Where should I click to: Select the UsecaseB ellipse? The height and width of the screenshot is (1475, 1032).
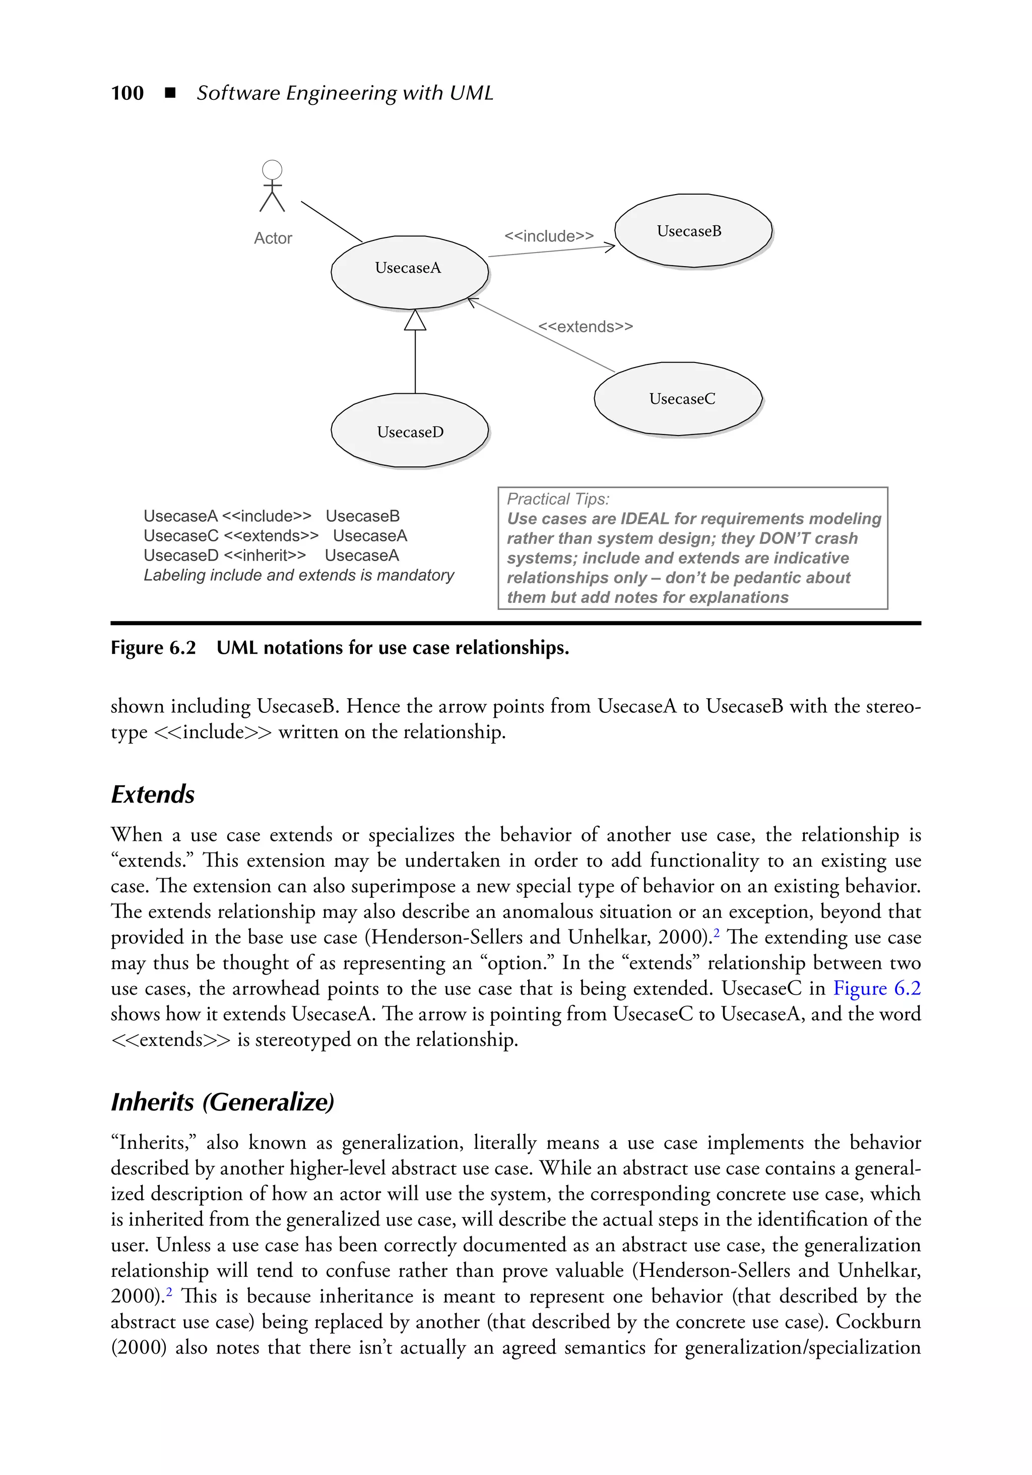coord(693,231)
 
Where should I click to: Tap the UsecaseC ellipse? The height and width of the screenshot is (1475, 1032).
coord(678,399)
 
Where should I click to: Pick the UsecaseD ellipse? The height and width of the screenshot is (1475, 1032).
coord(409,431)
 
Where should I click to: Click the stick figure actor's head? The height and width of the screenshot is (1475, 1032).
coord(272,169)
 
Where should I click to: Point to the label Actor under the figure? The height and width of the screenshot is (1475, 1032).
coord(273,238)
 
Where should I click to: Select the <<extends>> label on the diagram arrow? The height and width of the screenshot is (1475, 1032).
coord(585,327)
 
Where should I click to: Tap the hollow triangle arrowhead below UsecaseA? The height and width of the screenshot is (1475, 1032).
coord(415,321)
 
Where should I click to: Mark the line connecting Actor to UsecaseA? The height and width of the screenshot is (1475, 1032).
coord(332,222)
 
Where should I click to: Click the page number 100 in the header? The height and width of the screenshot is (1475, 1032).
coord(127,93)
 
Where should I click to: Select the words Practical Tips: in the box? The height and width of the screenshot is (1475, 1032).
coord(558,499)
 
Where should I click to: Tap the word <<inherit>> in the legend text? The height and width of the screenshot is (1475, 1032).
coord(265,556)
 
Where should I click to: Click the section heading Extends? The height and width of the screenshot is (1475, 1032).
coord(153,794)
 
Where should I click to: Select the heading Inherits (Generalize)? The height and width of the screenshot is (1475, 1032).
coord(222,1102)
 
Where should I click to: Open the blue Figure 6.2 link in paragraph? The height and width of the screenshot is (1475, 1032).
coord(877,988)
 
